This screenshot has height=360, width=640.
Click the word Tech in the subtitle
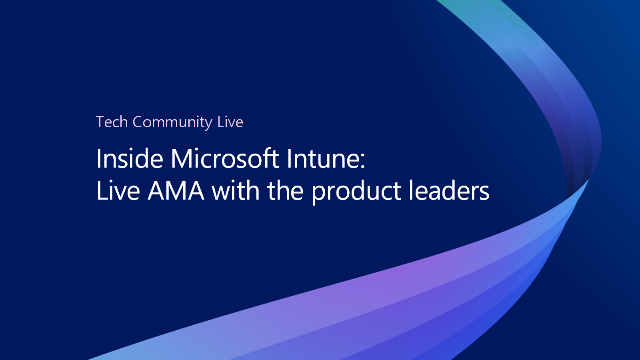click(x=112, y=122)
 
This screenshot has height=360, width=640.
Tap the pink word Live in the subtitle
click(x=230, y=122)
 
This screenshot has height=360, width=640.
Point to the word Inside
click(x=130, y=158)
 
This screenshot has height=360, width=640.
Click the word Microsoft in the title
click(x=224, y=158)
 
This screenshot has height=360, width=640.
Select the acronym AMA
click(x=176, y=190)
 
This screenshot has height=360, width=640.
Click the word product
click(x=356, y=192)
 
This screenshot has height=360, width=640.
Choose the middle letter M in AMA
click(x=176, y=190)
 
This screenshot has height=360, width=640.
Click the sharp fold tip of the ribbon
click(x=588, y=180)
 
